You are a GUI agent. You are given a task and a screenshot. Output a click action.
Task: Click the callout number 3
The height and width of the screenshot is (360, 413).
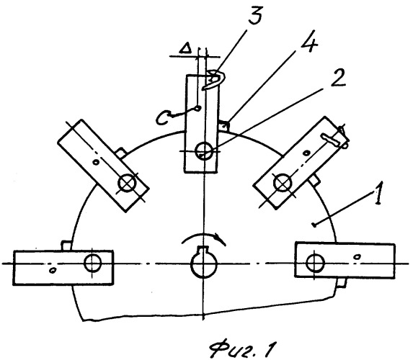(254, 14)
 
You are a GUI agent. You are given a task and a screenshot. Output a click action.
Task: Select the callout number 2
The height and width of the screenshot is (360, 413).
(337, 78)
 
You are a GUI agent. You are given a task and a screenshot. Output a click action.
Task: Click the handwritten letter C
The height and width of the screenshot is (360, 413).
(161, 117)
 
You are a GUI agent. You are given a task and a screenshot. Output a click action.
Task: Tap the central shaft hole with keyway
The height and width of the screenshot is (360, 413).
(203, 262)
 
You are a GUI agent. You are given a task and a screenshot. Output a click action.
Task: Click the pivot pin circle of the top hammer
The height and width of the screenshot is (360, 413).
(204, 150)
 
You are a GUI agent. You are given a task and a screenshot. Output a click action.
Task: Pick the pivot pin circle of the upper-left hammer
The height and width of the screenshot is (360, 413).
(127, 183)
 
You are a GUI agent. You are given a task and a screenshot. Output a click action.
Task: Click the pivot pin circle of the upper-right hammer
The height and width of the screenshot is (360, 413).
(283, 182)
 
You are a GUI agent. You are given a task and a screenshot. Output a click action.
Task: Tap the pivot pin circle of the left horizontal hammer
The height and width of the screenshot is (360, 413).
(92, 263)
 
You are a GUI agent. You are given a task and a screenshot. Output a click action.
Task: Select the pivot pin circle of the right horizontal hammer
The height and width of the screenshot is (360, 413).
(315, 262)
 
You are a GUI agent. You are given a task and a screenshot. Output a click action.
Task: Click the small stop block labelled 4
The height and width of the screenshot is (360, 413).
(223, 125)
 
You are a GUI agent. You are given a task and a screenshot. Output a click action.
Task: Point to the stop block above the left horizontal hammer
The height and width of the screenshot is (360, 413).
(66, 246)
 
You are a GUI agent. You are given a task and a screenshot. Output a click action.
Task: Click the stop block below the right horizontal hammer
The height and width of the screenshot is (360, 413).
(340, 283)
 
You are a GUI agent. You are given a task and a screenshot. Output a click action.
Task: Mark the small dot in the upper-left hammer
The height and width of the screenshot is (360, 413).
(97, 163)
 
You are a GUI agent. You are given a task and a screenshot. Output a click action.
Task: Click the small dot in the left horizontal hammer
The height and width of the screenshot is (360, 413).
(53, 270)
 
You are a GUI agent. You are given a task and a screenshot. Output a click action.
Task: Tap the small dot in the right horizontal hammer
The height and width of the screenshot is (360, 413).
(358, 256)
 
